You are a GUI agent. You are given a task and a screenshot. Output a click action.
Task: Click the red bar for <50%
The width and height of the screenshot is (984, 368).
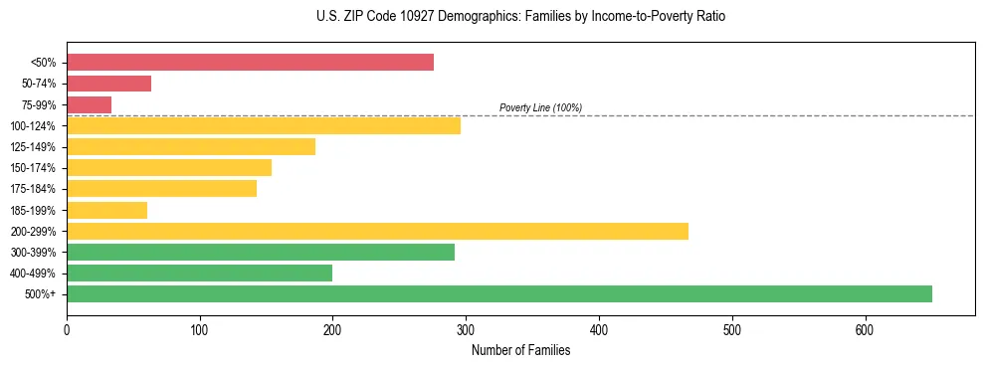[x=250, y=63]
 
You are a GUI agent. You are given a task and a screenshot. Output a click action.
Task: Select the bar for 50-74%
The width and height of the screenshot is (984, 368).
[x=108, y=84]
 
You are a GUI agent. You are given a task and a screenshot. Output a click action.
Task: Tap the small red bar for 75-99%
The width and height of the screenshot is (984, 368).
[x=89, y=104]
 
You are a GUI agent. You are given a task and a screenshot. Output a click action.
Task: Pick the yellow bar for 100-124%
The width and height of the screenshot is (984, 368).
[x=264, y=125]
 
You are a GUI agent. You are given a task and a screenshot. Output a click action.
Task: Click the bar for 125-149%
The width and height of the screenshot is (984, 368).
[x=191, y=146]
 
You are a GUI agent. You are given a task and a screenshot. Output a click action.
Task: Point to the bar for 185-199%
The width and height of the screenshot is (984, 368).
[x=106, y=210]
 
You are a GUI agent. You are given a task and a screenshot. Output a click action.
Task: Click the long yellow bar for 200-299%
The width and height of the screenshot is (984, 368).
[x=377, y=231]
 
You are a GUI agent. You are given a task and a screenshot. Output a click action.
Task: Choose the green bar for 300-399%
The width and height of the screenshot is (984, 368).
[x=261, y=252]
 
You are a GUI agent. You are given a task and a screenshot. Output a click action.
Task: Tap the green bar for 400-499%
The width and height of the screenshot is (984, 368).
[x=199, y=273]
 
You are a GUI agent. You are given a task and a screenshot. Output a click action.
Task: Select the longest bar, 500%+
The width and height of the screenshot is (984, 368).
[x=499, y=293]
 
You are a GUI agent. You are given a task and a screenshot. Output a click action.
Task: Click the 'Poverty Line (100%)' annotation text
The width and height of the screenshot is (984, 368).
[x=540, y=107]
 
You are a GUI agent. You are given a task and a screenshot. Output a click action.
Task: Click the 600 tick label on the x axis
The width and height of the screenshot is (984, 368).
[x=865, y=329]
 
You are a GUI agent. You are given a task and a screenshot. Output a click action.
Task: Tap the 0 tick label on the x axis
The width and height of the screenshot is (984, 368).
[x=67, y=329]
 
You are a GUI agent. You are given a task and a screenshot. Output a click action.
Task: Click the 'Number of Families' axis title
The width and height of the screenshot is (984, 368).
[x=520, y=350]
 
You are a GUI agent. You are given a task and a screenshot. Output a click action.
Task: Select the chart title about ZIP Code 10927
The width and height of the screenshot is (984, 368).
[x=520, y=17]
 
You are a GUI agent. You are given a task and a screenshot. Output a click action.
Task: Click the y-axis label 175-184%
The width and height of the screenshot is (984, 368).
[x=33, y=189]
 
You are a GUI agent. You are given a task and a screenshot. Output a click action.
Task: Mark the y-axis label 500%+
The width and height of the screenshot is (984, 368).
[x=40, y=294]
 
